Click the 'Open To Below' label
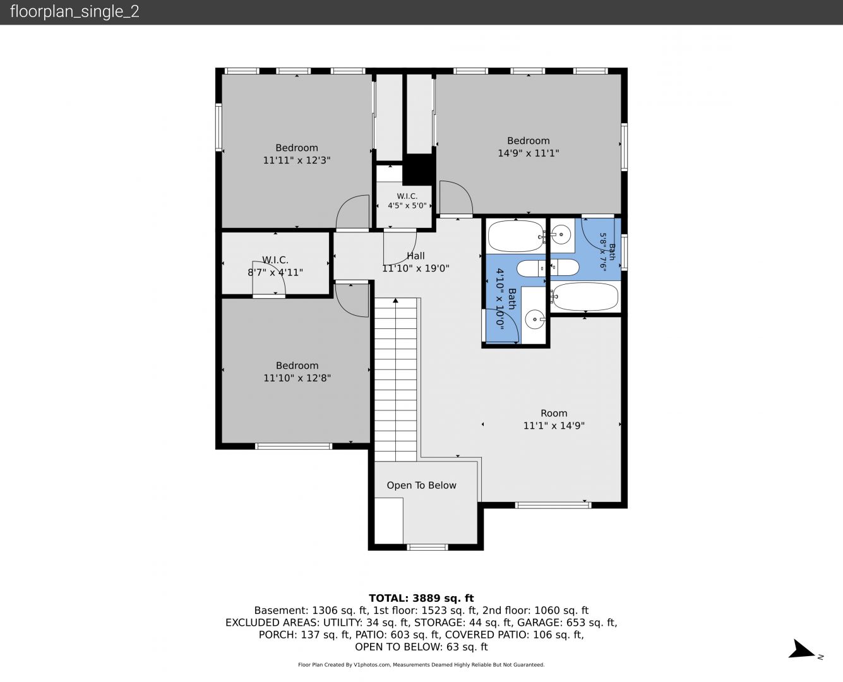click(x=422, y=485)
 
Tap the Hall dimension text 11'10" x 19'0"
click(x=416, y=268)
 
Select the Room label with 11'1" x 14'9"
click(x=554, y=419)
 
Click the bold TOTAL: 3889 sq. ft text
click(x=421, y=598)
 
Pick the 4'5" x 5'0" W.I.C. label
click(x=407, y=201)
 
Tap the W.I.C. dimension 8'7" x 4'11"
click(x=275, y=272)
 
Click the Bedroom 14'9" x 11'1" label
click(x=529, y=147)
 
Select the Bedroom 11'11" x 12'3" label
click(x=297, y=154)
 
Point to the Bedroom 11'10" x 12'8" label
click(x=297, y=372)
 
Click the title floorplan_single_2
click(x=75, y=12)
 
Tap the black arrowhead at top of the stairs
click(x=395, y=301)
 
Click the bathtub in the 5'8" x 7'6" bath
click(x=585, y=296)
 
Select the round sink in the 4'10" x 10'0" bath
click(x=535, y=319)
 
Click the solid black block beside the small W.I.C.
click(x=419, y=169)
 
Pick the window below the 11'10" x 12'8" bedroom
click(x=293, y=446)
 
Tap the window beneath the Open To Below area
click(x=427, y=547)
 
